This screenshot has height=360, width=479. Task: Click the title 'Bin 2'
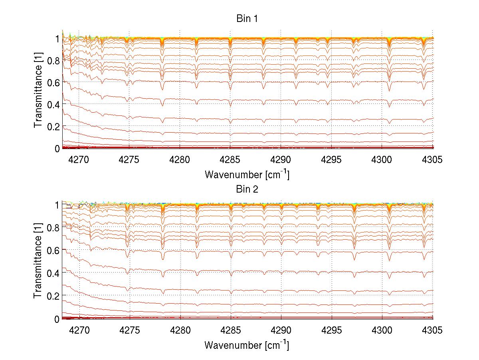(x=247, y=189)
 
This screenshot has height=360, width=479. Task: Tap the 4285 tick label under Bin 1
(x=230, y=160)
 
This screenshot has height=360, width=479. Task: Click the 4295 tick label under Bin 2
(x=331, y=331)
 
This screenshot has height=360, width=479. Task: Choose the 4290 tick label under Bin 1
(x=281, y=160)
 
